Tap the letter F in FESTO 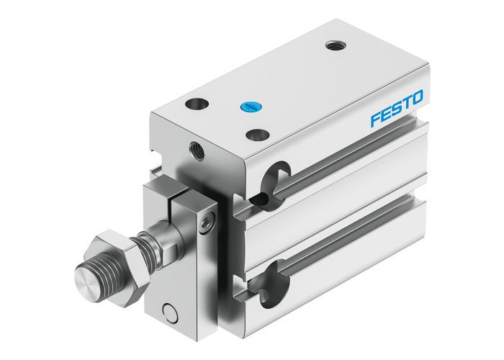pyautogui.click(x=375, y=118)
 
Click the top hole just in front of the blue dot pyautogui.click(x=255, y=134)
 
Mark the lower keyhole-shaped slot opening pyautogui.click(x=270, y=284)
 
